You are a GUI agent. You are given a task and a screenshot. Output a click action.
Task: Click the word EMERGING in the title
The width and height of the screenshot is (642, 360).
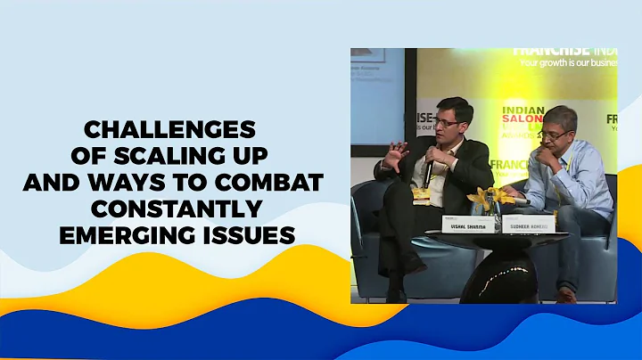click(x=119, y=236)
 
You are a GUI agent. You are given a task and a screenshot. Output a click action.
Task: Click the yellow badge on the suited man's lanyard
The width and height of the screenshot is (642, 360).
click(x=420, y=193)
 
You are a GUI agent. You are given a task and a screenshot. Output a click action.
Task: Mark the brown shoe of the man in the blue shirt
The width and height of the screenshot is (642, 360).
click(x=566, y=295)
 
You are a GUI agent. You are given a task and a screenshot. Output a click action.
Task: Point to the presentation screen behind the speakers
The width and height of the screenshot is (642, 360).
click(x=376, y=98)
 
